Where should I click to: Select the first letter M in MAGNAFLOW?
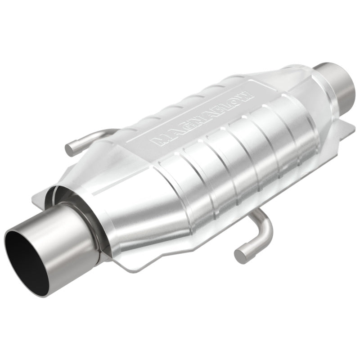pos(159,141)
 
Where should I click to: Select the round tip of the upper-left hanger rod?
pos(71,149)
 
